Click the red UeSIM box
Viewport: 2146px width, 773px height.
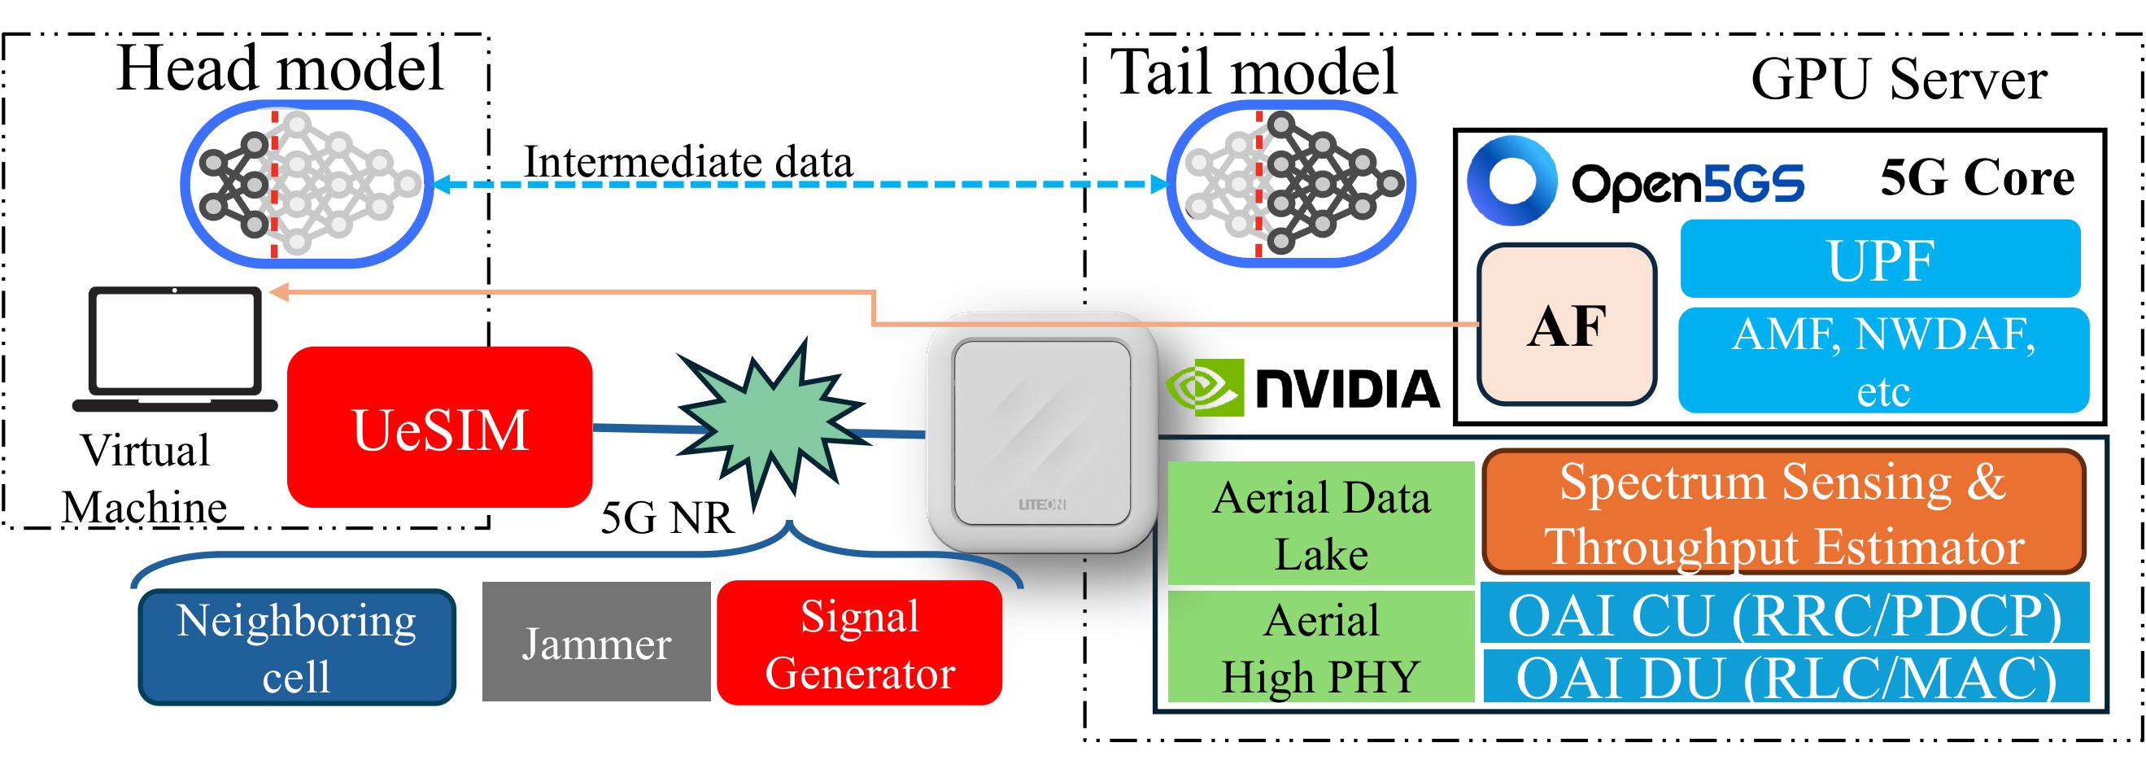(x=439, y=427)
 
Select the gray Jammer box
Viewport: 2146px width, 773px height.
(x=595, y=641)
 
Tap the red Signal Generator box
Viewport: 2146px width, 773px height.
(x=859, y=643)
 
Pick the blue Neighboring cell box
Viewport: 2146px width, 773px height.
(x=297, y=647)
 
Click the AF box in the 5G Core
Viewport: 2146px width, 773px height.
(x=1566, y=324)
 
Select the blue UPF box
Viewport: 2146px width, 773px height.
(x=1880, y=259)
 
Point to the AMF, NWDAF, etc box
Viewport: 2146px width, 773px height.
(x=1882, y=360)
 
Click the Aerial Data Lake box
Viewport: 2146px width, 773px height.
(x=1320, y=523)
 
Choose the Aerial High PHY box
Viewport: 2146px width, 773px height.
(x=1320, y=646)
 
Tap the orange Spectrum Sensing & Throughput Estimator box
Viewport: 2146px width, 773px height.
(x=1784, y=512)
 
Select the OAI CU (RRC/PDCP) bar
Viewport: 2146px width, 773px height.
(x=1784, y=613)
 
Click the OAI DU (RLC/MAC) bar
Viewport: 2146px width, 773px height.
(x=1784, y=676)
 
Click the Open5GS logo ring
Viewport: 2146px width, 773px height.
(x=1512, y=181)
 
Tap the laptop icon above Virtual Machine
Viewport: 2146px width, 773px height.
(x=175, y=350)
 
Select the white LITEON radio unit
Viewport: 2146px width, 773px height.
(x=1041, y=431)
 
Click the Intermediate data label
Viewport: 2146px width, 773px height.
(x=688, y=162)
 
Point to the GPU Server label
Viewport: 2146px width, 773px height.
(x=1899, y=80)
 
